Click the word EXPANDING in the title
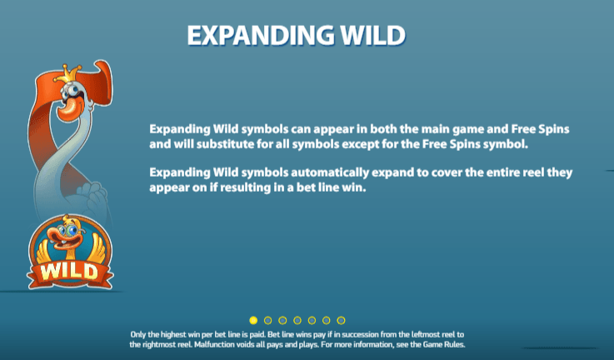[x=261, y=35]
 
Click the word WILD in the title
[x=372, y=35]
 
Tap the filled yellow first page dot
[x=253, y=321]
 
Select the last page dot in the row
[x=341, y=321]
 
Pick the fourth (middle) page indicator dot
[x=297, y=321]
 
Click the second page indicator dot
[x=267, y=321]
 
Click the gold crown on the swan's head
[x=67, y=74]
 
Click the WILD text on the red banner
[x=69, y=272]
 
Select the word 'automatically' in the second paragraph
[x=330, y=172]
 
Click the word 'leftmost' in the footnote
[x=425, y=334]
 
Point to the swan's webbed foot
[x=92, y=196]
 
